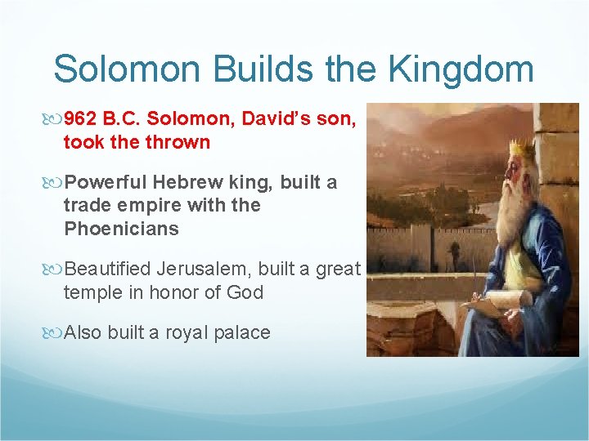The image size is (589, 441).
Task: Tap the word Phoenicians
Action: click(x=120, y=229)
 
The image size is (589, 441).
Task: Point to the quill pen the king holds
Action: click(x=475, y=278)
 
